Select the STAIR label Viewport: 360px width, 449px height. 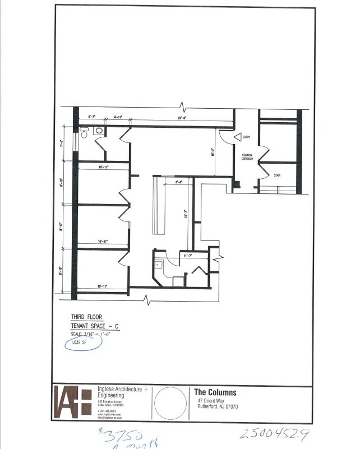[x=276, y=175]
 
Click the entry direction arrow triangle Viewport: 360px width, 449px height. [x=238, y=137]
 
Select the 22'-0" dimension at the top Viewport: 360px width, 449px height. [x=182, y=118]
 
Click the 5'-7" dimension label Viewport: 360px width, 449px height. [x=91, y=117]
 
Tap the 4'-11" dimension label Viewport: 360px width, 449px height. [x=118, y=117]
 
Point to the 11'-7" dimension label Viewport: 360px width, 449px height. [x=188, y=256]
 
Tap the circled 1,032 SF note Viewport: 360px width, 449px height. [x=79, y=342]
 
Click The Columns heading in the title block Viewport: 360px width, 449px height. [x=215, y=392]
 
